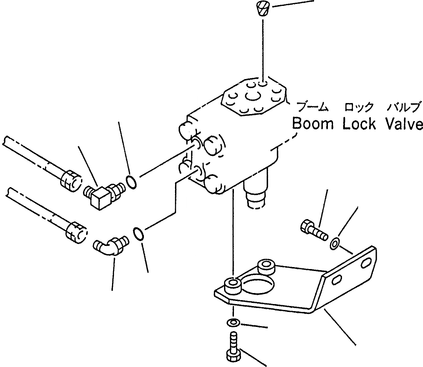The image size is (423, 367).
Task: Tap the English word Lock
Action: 360,124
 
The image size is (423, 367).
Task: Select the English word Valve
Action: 404,124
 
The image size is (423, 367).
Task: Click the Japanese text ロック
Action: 359,107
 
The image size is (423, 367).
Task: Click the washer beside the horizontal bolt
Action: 335,243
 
